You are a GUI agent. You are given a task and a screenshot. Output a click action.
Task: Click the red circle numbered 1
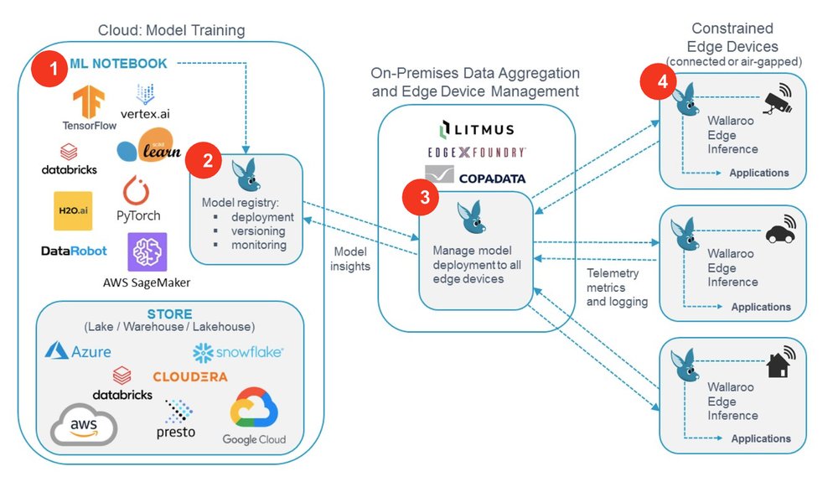point(49,69)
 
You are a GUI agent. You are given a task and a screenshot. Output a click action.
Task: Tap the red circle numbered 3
point(421,197)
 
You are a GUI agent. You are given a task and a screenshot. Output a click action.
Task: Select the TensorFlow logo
point(90,108)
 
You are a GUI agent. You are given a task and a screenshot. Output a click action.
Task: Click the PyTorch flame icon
point(137,190)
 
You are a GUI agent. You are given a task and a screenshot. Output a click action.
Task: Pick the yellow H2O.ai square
point(73,211)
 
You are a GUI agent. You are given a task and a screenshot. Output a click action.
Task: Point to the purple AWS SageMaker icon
point(147,251)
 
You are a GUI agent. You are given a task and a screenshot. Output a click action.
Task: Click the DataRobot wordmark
point(74,251)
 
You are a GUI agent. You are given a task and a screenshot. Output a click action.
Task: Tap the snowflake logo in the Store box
point(238,353)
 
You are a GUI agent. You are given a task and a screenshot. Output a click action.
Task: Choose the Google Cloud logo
point(255,417)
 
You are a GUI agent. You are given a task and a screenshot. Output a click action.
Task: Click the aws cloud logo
point(84,425)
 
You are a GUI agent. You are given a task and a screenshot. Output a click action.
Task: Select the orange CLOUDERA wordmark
point(190,376)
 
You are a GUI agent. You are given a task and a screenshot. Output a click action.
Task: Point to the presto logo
point(176,419)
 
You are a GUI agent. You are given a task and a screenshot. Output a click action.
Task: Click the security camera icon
point(778,99)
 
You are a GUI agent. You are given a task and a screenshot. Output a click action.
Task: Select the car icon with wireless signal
point(781,229)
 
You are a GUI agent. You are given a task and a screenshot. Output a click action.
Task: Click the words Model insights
point(350,259)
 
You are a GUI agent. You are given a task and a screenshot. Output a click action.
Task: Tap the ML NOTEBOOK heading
point(119,64)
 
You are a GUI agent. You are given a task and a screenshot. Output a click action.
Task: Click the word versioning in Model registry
point(258,231)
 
